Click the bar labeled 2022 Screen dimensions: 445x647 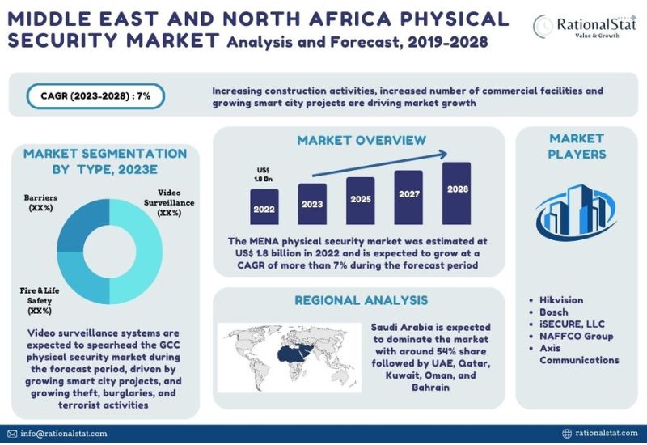264,207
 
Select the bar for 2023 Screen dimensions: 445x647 312,204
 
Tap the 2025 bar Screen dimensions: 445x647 360,200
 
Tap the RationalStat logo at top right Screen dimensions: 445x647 583,27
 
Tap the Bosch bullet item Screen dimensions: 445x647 553,311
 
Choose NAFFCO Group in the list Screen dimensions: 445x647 571,336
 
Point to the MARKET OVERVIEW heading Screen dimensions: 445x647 361,140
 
